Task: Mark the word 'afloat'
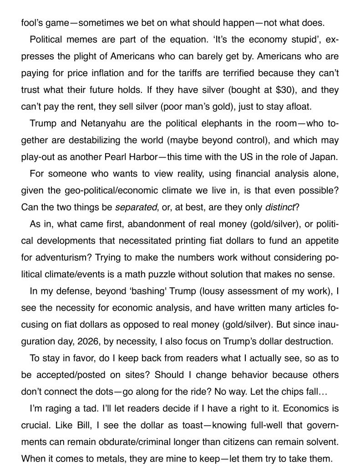[298, 107]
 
